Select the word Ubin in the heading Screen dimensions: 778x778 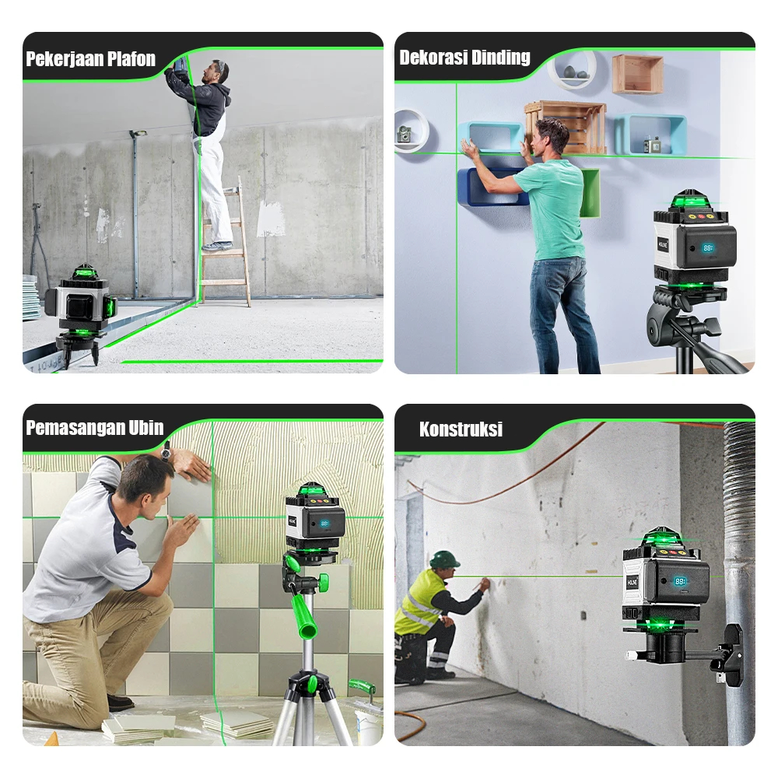(x=146, y=428)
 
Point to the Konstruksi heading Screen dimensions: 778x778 (x=461, y=429)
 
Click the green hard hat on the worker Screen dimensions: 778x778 (x=444, y=559)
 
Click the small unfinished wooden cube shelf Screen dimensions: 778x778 (x=638, y=74)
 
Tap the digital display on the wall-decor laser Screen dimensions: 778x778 (x=707, y=247)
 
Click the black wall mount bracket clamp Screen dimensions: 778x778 (x=730, y=655)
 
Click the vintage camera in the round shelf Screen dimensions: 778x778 (x=405, y=135)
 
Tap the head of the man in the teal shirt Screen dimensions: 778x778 (x=550, y=137)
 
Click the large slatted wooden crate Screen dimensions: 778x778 (x=569, y=127)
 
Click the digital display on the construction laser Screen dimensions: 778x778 (x=679, y=581)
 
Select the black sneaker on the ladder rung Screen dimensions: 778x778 (x=217, y=246)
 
